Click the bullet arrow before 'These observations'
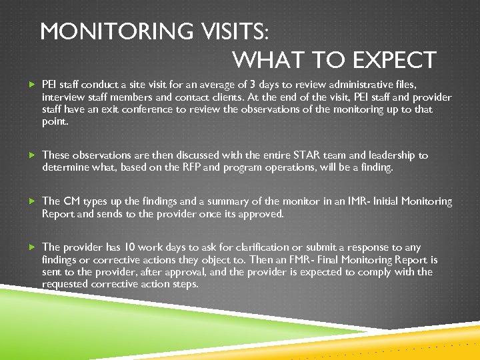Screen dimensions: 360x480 [x=32, y=155]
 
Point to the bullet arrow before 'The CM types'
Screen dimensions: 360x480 [x=32, y=201]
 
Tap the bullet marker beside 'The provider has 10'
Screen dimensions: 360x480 [x=32, y=247]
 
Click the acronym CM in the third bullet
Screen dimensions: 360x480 [x=71, y=201]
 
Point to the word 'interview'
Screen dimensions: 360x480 [x=63, y=97]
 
